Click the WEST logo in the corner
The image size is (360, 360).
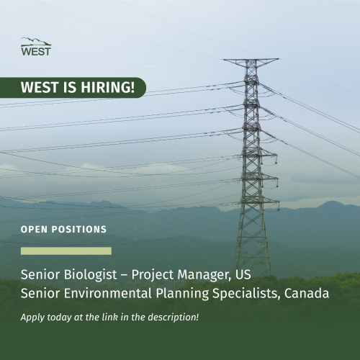[x=36, y=47]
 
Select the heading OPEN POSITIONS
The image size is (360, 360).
[x=64, y=230]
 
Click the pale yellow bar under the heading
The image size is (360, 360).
[x=66, y=251]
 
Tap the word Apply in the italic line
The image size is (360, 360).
[x=33, y=317]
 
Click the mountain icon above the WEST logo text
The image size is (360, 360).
[x=35, y=40]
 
